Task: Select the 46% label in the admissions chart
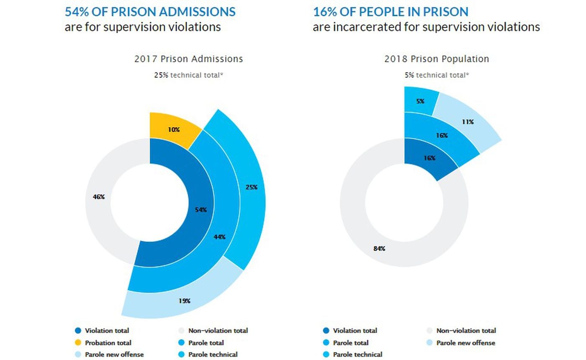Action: [99, 197]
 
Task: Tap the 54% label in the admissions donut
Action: [201, 210]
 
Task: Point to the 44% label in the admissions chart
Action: [219, 237]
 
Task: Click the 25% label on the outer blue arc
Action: [251, 187]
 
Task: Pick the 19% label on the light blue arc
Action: [185, 301]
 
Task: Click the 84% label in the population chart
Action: [379, 249]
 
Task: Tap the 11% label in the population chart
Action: [468, 122]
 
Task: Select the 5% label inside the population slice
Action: [420, 101]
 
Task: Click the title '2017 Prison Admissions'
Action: [188, 59]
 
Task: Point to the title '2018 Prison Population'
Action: [437, 59]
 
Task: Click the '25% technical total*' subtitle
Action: [188, 76]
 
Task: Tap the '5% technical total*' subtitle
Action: [437, 75]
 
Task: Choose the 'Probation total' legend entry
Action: [108, 343]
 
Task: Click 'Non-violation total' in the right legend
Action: [466, 331]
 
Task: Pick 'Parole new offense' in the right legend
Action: [465, 343]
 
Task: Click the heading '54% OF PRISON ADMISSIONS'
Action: [150, 11]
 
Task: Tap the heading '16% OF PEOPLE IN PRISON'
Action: [391, 11]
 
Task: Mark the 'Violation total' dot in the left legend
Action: [78, 331]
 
